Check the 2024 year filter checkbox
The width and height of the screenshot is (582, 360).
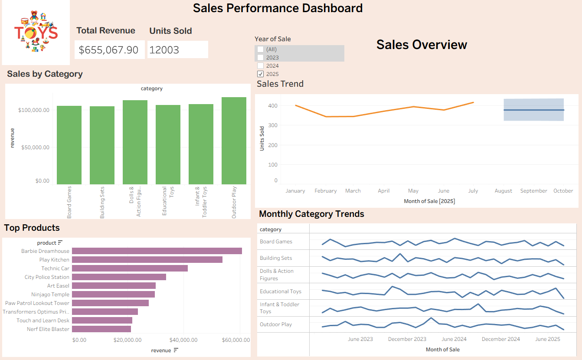point(260,66)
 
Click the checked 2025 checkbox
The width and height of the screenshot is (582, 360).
point(260,74)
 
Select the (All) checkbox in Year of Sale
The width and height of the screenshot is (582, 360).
point(260,49)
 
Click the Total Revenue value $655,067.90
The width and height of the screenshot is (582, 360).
point(109,50)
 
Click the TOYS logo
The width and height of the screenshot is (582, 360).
point(36,33)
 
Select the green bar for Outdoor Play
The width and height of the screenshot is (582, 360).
point(234,141)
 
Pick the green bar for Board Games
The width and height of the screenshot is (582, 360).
point(69,145)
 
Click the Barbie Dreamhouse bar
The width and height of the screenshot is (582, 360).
point(157,251)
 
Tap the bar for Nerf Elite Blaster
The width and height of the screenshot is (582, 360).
point(101,329)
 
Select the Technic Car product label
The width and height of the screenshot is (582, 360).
point(55,268)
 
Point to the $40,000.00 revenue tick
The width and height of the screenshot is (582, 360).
point(183,340)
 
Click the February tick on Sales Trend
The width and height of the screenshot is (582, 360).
point(326,191)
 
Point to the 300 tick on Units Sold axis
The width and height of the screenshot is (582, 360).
point(272,125)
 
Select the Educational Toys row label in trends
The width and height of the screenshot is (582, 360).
point(280,291)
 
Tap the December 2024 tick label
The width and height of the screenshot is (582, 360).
point(500,339)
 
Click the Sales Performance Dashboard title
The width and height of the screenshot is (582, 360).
point(278,8)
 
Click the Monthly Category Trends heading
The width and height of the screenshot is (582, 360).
point(311,214)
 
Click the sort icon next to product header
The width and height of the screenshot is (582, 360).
point(60,243)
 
